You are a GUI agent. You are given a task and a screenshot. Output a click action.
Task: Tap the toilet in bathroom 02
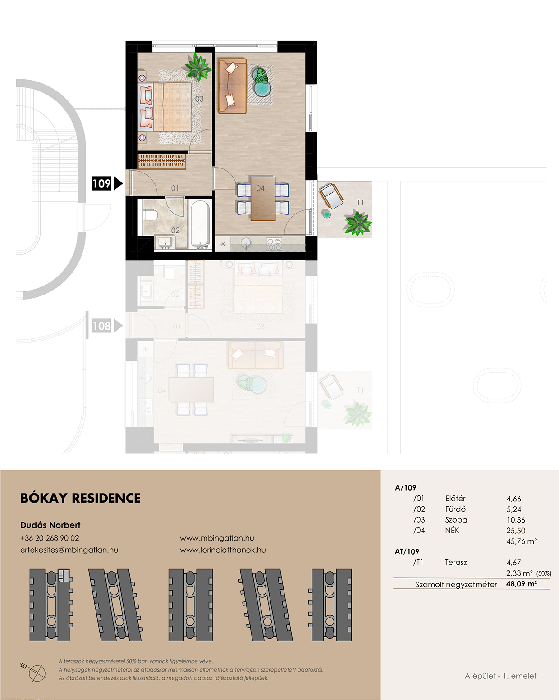tap(150, 215)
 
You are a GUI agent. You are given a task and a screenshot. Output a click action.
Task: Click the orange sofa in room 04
tap(232, 86)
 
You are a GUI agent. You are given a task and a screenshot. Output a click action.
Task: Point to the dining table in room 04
tap(263, 198)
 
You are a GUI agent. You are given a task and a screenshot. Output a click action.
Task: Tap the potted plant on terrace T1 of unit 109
tap(358, 223)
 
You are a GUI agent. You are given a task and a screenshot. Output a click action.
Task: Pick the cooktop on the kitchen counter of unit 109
tap(274, 244)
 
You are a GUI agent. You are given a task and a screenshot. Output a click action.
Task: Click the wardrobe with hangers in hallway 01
tap(162, 161)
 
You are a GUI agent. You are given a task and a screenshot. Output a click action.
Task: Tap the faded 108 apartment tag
tap(101, 326)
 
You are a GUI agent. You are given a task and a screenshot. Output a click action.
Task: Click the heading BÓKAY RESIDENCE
tap(80, 498)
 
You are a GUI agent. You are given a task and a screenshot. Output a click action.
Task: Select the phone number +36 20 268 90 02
tap(50, 538)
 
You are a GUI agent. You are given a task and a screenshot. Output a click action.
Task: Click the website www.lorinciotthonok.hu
tap(223, 550)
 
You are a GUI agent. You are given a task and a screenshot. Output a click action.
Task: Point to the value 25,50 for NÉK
tap(516, 531)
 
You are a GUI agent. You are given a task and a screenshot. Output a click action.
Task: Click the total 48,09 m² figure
tap(522, 583)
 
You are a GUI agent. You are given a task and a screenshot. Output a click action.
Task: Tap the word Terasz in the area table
tap(456, 562)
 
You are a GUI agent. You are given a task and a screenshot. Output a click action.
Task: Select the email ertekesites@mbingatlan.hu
tap(69, 550)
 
